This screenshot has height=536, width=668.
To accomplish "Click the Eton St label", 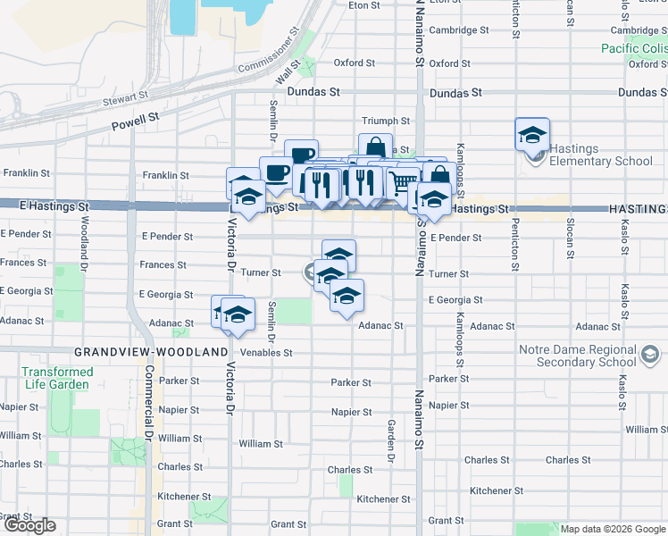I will (364, 5).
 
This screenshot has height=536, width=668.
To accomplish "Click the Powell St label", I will (135, 117).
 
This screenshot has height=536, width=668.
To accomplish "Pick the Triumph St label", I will (385, 121).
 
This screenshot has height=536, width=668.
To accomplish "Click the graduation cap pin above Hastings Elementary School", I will (532, 135).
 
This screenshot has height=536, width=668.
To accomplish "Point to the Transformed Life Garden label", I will (57, 378).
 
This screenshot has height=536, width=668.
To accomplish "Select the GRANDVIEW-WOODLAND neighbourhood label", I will (151, 352).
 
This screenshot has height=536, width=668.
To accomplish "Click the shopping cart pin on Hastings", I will (405, 182).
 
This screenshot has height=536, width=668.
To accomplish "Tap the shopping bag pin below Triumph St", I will (375, 148).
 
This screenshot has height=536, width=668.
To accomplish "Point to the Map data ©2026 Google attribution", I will (611, 529).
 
